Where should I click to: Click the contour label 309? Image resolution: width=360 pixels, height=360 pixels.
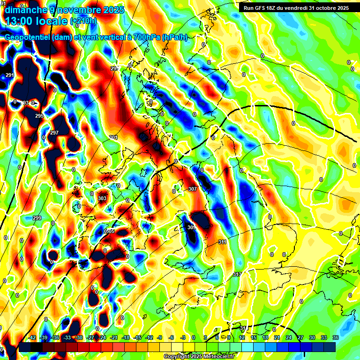[x=191, y=227]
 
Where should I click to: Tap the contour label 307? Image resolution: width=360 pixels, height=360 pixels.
[x=192, y=189]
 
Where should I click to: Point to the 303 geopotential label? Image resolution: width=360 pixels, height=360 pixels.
[x=102, y=198]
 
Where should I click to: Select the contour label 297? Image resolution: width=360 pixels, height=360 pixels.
[x=54, y=133]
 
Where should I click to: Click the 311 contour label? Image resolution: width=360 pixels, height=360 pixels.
[x=222, y=242]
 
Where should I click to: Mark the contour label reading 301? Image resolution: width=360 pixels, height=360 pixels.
[x=113, y=137]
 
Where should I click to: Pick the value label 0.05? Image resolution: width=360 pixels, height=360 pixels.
[x=109, y=231]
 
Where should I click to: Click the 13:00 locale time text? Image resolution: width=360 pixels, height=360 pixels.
[x=37, y=21]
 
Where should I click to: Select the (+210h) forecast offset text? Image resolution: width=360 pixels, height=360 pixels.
[x=83, y=21]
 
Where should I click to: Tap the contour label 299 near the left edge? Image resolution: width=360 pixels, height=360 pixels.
[x=37, y=218]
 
